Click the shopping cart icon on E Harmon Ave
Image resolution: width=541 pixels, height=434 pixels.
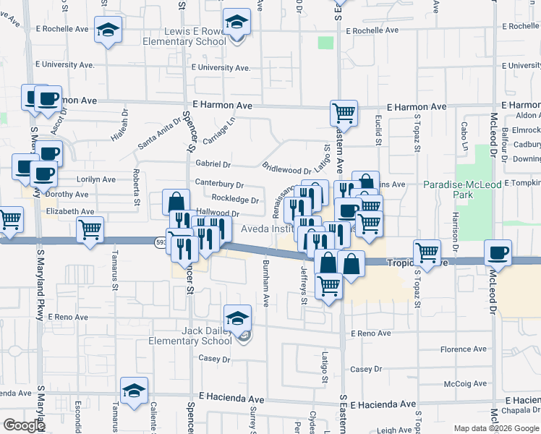click(344, 113)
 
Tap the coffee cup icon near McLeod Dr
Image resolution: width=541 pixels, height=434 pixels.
click(497, 252)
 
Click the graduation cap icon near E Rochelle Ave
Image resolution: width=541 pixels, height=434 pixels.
click(108, 30)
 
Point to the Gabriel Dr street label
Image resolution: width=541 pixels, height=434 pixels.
click(212, 165)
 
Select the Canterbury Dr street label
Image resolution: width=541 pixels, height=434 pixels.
click(219, 184)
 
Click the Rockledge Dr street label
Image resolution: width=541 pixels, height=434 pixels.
click(235, 200)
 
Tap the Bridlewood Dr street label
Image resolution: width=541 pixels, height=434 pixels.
click(286, 169)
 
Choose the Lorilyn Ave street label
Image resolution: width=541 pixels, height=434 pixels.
click(95, 179)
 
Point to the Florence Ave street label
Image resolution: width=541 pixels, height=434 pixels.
click(465, 349)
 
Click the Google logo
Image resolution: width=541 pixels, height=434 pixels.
click(24, 425)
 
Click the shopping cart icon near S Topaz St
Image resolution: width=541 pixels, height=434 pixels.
click(427, 253)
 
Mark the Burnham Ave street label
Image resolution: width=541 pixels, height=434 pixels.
click(266, 283)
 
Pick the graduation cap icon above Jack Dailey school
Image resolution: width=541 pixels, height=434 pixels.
click(237, 318)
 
